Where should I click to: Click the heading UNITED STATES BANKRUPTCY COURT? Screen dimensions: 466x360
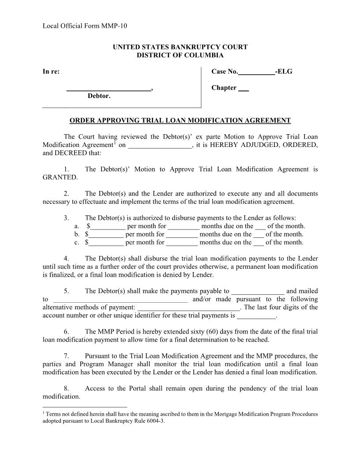click(180, 47)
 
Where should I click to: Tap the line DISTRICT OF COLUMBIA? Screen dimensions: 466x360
click(180, 55)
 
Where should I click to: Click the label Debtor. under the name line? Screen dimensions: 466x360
click(99, 96)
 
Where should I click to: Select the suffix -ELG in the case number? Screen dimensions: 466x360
click(284, 71)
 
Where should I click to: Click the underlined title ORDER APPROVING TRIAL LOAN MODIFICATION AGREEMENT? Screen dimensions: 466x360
click(180, 120)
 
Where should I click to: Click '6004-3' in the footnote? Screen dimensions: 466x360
click(154, 421)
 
